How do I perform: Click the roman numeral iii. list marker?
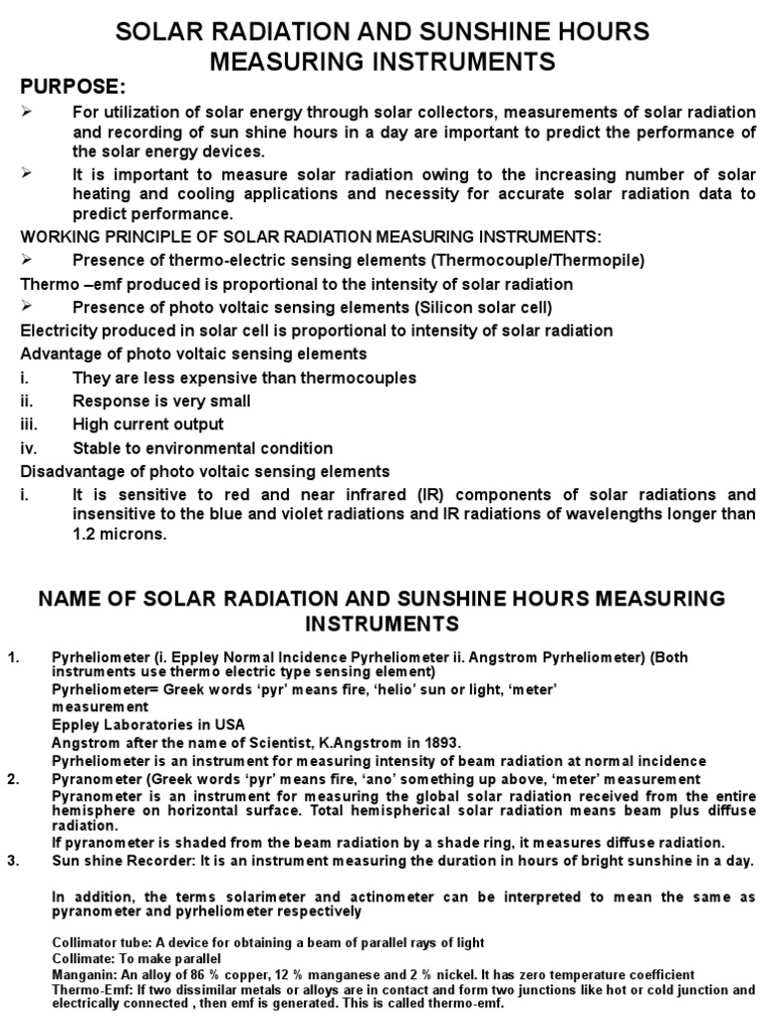point(30,424)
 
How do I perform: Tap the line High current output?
point(147,424)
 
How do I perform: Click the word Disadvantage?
point(66,471)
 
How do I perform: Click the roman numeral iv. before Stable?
point(30,448)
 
